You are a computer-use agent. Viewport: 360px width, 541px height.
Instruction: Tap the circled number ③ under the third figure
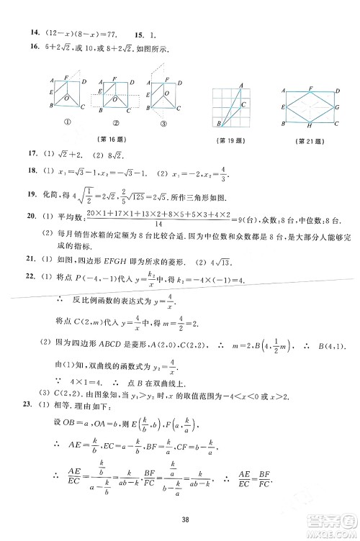(163, 123)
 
